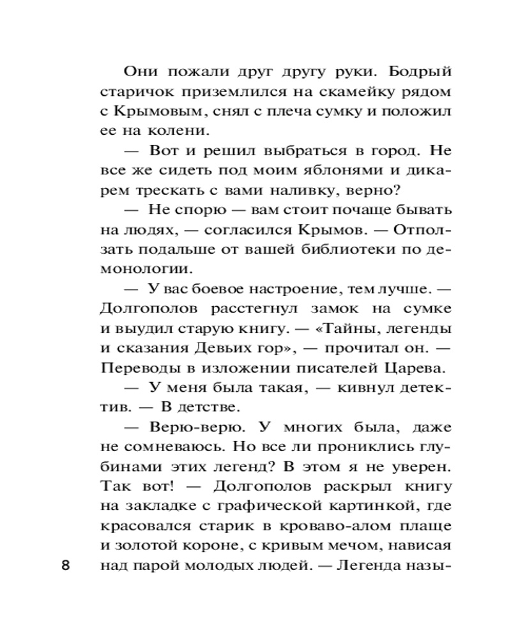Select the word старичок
[133, 91]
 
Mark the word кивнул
[343, 388]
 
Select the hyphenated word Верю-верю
[186, 427]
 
